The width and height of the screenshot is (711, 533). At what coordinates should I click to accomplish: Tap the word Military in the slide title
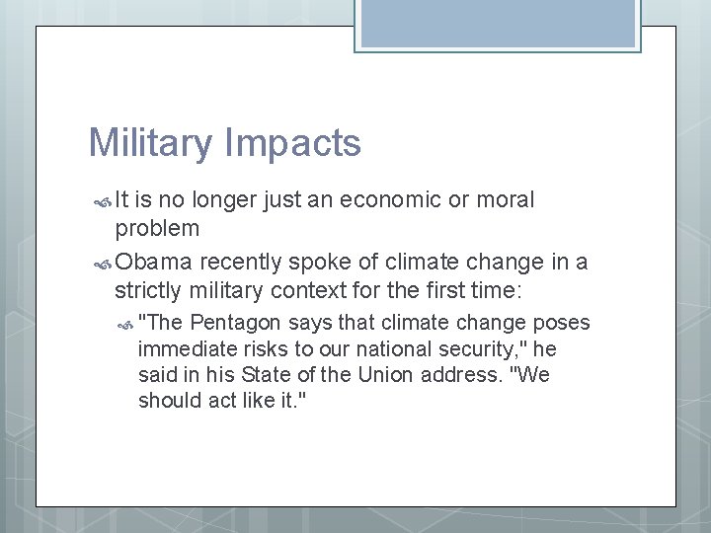149,144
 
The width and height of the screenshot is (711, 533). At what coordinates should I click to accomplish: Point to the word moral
505,200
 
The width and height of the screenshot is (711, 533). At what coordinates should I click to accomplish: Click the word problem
157,229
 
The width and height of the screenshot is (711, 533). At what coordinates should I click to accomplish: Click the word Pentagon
235,323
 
